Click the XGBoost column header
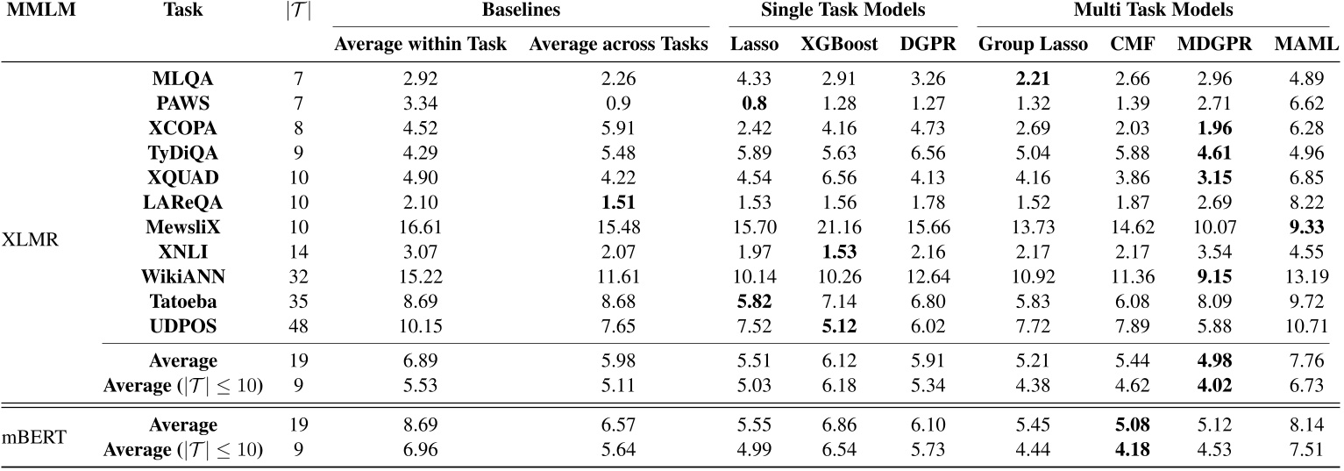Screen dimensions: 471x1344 tap(839, 45)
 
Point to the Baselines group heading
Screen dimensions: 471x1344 tap(521, 11)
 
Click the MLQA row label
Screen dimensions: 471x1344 tap(179, 75)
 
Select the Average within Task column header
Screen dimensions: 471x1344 tap(420, 45)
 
